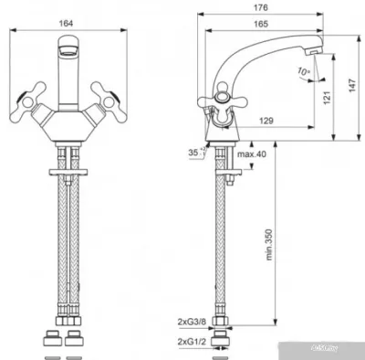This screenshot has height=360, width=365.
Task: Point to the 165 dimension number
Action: click(x=265, y=26)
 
